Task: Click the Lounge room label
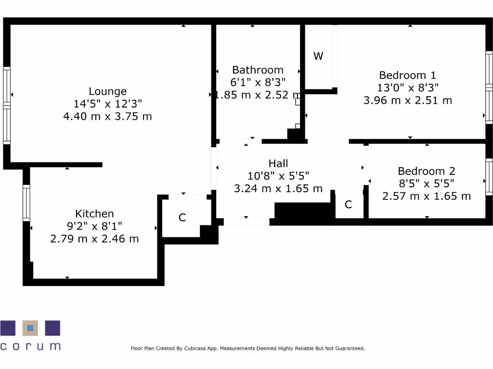click(107, 91)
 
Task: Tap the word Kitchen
click(94, 214)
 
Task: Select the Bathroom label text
click(258, 70)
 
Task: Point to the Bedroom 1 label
click(407, 75)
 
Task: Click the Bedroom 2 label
click(427, 171)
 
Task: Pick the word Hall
click(278, 163)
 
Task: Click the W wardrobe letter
click(318, 56)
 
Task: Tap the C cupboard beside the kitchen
click(182, 218)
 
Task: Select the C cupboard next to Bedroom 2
click(348, 205)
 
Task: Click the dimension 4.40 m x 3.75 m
click(107, 116)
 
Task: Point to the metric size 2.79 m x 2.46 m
click(94, 239)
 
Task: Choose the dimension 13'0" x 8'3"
click(407, 88)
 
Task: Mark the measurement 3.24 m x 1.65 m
click(278, 188)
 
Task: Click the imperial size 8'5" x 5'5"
click(427, 184)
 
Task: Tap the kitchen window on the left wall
click(26, 203)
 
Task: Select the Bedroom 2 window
click(489, 177)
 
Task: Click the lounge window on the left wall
click(7, 105)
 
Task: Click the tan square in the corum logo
click(30, 328)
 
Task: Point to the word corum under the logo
click(30, 346)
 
